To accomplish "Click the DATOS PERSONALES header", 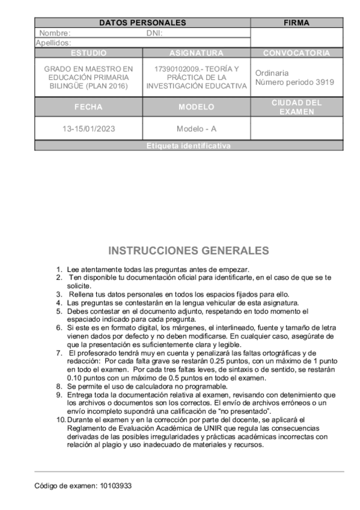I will pyautogui.click(x=142, y=23).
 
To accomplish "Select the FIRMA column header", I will pyautogui.click(x=296, y=23).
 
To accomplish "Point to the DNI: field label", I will pyautogui.click(x=154, y=34).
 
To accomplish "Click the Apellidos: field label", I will pyautogui.click(x=53, y=43).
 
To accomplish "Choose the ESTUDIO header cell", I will pyautogui.click(x=88, y=53).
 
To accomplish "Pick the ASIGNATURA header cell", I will pyautogui.click(x=196, y=53).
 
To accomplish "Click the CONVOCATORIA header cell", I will pyautogui.click(x=296, y=53).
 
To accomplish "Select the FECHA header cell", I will pyautogui.click(x=88, y=107).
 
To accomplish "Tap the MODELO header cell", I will pyautogui.click(x=196, y=107).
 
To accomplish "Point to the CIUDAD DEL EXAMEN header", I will pyautogui.click(x=296, y=107).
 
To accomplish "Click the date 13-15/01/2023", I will pyautogui.click(x=88, y=129).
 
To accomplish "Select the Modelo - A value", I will pyautogui.click(x=196, y=129).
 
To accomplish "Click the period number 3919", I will pyautogui.click(x=323, y=82).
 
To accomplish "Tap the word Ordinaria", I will pyautogui.click(x=272, y=73).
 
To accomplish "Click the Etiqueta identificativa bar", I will pyautogui.click(x=189, y=146).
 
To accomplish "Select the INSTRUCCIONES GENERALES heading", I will pyautogui.click(x=189, y=250).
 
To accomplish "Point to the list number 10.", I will pyautogui.click(x=60, y=419).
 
